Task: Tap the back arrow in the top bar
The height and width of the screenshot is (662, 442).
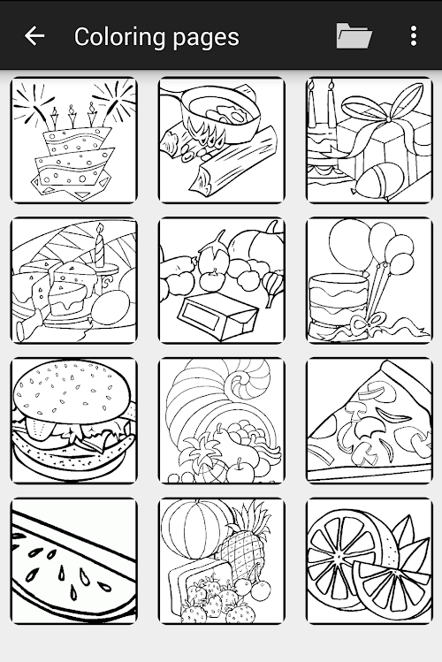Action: pos(34,35)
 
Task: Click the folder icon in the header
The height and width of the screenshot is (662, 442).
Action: pos(354,35)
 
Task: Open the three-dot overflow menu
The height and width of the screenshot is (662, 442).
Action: pos(414,35)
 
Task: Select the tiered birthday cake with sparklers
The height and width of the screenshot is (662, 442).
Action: pos(74,141)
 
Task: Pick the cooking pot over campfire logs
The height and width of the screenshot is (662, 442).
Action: pos(222,141)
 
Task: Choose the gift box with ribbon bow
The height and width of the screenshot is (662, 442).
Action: pos(370,141)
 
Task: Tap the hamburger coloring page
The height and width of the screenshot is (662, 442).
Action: pos(74,421)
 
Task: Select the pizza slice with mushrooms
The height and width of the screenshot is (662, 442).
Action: pos(370,421)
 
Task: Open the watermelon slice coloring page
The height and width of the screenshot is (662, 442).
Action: pos(74,560)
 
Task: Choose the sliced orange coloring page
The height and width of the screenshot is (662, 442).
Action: pos(370,560)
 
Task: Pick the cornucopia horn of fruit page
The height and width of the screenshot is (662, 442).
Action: pos(222,421)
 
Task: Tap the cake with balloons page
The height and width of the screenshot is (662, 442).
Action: pos(370,280)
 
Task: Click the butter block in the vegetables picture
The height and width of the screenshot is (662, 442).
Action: pos(217,316)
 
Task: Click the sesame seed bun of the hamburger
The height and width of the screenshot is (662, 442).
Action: pos(72,388)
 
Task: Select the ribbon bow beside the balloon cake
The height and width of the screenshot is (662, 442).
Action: pos(367,324)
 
